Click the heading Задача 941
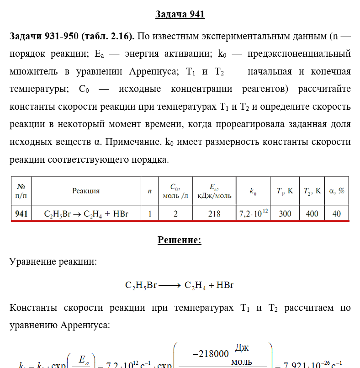point(180,15)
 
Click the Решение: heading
point(180,240)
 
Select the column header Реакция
point(85,191)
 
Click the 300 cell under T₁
point(285,213)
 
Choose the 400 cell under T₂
point(312,213)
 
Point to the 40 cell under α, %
point(337,213)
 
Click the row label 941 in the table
point(21,213)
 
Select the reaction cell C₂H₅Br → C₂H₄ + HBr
point(86,213)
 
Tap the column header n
point(149,191)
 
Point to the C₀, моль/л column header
point(175,191)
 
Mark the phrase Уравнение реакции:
point(53,262)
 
